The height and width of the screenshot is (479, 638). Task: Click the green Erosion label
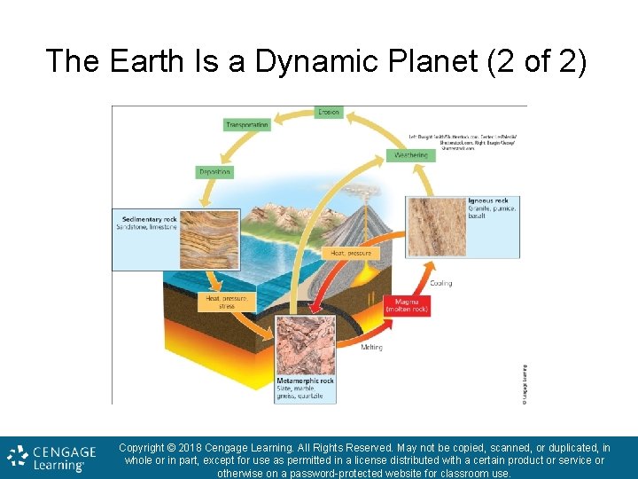[x=328, y=113]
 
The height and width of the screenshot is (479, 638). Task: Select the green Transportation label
[x=246, y=125]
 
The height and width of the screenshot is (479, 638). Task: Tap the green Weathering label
[x=411, y=155]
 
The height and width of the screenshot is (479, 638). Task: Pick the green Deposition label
[x=214, y=171]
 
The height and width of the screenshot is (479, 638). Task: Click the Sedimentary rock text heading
[x=147, y=218]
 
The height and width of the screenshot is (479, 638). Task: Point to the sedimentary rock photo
[x=205, y=237]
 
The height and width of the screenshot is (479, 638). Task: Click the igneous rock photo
[x=435, y=227]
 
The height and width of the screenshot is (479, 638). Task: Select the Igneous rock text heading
[x=488, y=200]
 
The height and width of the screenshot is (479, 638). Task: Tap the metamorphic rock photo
[x=306, y=344]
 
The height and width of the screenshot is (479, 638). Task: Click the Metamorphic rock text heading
[x=306, y=381]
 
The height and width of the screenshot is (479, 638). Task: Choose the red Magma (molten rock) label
[x=408, y=305]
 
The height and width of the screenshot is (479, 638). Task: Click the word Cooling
[x=440, y=284]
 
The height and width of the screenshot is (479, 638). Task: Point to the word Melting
[x=372, y=347]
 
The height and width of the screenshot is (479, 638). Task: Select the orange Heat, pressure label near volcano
[x=349, y=253]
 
